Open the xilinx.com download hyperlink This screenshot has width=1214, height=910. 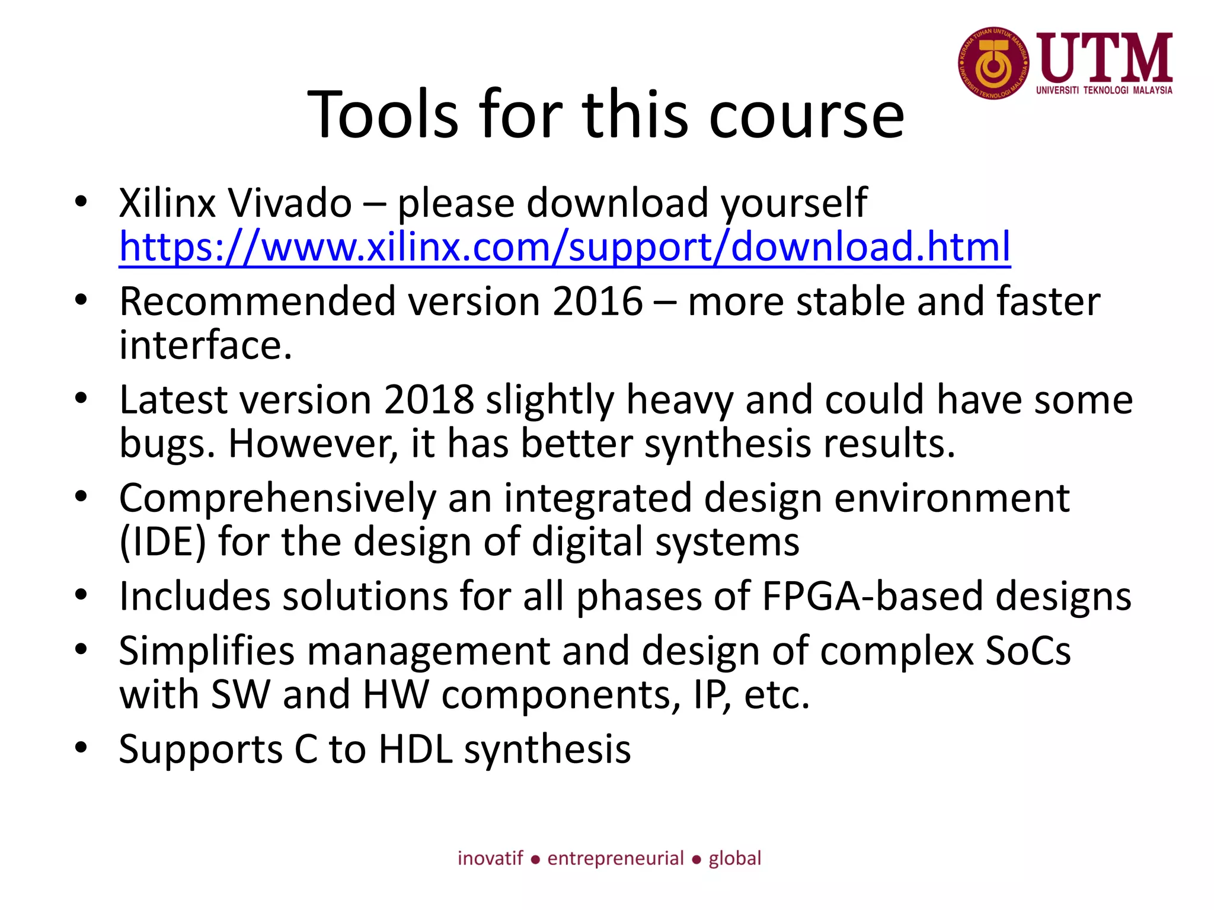(x=564, y=246)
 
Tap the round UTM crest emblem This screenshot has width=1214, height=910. (x=993, y=63)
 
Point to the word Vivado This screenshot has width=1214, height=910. (x=290, y=203)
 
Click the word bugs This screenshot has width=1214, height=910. (x=167, y=444)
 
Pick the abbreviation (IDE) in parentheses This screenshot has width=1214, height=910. (x=162, y=542)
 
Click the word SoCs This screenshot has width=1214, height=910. (x=1028, y=651)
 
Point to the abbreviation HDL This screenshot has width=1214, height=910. (x=416, y=749)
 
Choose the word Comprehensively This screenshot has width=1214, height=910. (x=277, y=498)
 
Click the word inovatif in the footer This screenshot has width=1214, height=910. (x=490, y=858)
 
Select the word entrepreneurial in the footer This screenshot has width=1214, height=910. (x=615, y=858)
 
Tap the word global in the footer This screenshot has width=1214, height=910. (x=734, y=858)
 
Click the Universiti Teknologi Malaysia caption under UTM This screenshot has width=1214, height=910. (x=1104, y=91)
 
